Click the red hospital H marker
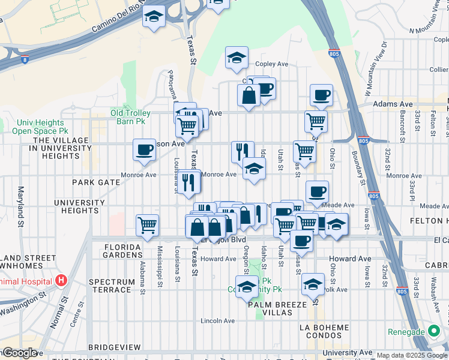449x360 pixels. click(x=61, y=280)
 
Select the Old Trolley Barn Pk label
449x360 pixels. click(x=136, y=113)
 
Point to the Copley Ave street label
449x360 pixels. click(x=272, y=64)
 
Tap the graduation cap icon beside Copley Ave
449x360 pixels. click(x=237, y=58)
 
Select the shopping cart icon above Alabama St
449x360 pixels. click(x=147, y=226)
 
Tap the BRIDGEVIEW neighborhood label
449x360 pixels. click(x=114, y=347)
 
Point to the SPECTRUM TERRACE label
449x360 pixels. click(x=110, y=286)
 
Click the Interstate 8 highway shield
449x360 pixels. click(x=24, y=59)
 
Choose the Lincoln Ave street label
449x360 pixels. click(x=218, y=320)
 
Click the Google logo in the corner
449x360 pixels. click(x=19, y=352)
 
